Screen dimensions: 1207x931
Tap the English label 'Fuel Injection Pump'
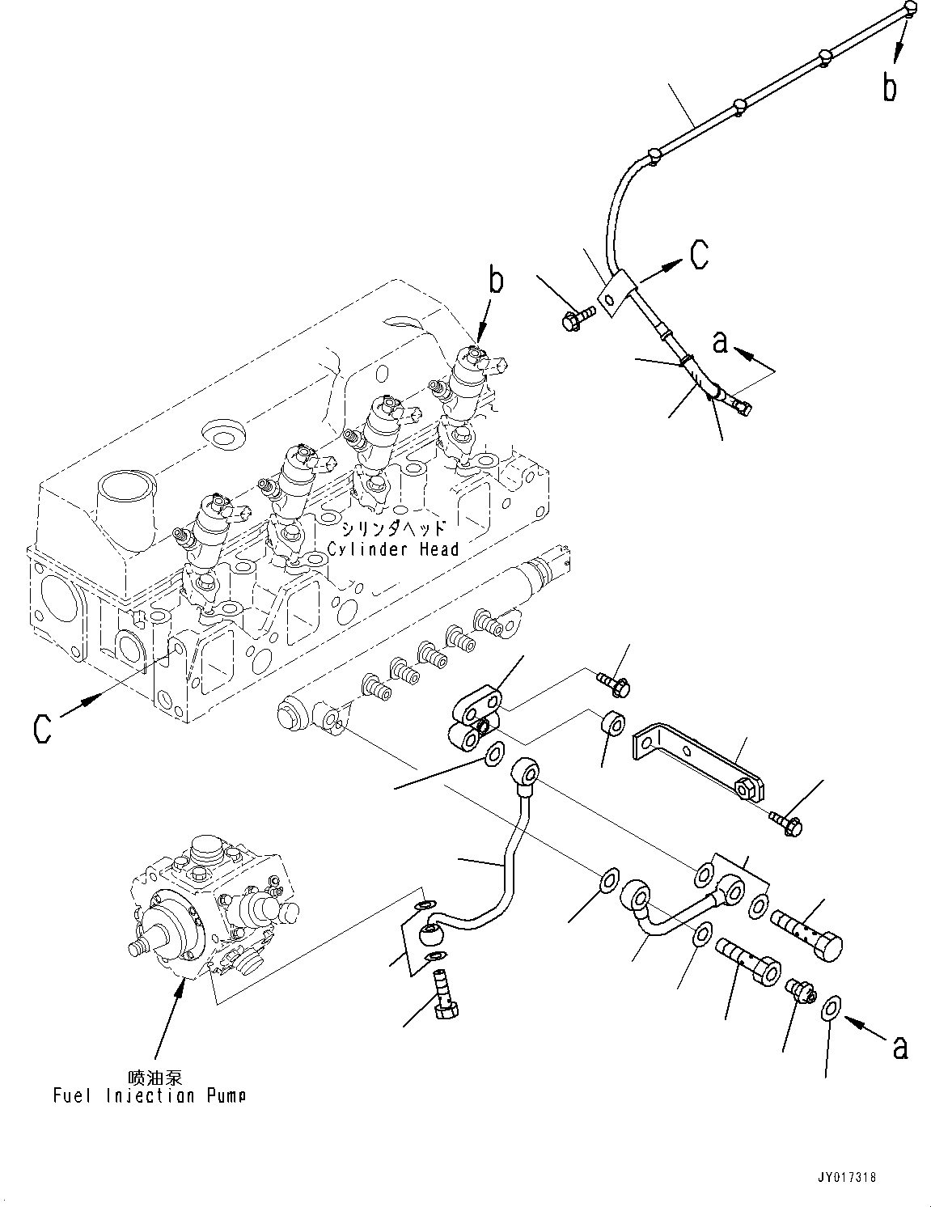(x=150, y=1096)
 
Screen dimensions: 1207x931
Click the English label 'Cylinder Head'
(x=393, y=549)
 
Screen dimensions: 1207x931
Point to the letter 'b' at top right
(x=890, y=87)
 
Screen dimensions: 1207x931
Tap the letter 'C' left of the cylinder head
(x=42, y=728)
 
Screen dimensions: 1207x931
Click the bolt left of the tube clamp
(x=577, y=317)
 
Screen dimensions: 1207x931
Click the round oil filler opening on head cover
(x=222, y=433)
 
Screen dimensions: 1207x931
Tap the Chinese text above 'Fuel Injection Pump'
(x=155, y=1078)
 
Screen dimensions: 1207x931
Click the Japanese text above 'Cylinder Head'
(x=392, y=529)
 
